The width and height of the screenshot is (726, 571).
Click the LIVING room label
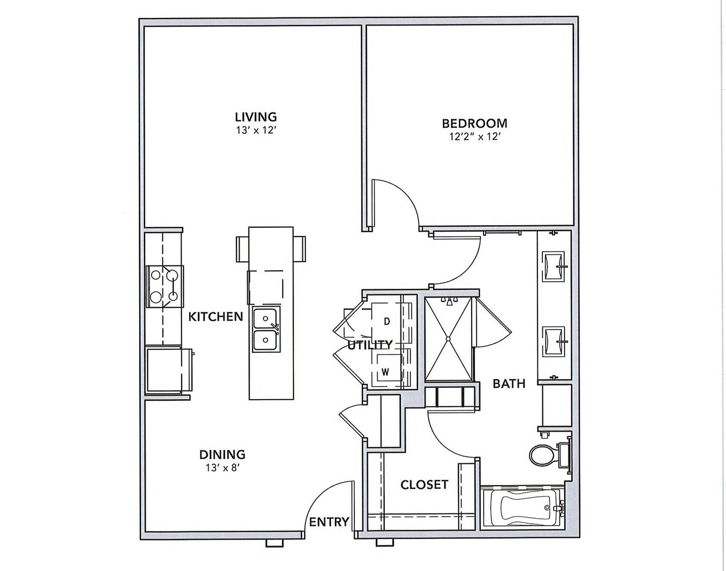click(256, 117)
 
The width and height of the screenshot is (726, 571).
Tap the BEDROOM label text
click(474, 123)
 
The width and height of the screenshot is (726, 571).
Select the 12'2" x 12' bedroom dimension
click(474, 136)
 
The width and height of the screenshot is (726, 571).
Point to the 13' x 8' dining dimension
click(223, 468)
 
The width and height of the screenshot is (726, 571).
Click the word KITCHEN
click(216, 316)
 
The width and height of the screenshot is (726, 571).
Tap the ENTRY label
click(329, 522)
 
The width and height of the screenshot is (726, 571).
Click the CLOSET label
click(424, 485)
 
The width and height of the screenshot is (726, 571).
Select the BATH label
click(509, 383)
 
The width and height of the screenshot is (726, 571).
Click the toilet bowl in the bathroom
click(542, 454)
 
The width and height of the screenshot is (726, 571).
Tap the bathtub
click(524, 507)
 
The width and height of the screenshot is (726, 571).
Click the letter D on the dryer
click(386, 321)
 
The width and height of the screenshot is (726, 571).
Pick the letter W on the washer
click(386, 372)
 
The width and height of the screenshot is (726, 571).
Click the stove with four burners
click(165, 286)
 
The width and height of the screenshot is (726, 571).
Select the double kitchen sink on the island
click(266, 330)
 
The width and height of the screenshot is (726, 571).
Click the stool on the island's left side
click(242, 249)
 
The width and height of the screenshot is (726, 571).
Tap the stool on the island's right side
click(299, 249)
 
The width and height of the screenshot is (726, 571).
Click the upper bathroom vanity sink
click(554, 266)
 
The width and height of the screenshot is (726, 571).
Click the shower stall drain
click(448, 339)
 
